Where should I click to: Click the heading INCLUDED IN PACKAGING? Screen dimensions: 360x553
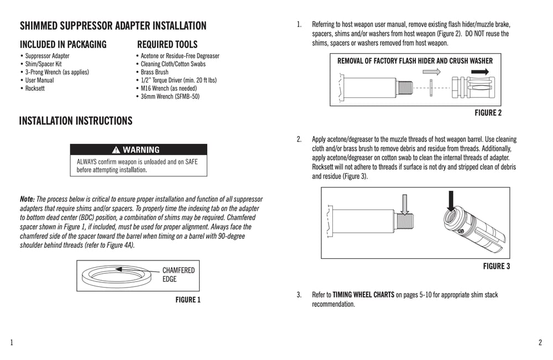pos(63,45)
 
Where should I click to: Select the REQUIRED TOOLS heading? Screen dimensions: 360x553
pos(167,45)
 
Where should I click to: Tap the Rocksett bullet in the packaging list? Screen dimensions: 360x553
pos(35,88)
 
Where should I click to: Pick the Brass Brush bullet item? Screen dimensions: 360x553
pos(154,72)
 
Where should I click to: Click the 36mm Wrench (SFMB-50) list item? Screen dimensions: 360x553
pos(170,96)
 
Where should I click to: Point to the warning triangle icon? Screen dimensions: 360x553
pos(116,150)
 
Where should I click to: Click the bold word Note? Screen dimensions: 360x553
pos(27,199)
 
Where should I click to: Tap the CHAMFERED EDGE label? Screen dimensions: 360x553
pos(178,275)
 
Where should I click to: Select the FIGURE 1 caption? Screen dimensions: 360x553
pos(187,300)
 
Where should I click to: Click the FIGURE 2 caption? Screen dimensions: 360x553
pos(488,113)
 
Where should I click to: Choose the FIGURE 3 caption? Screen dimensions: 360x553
pos(496,266)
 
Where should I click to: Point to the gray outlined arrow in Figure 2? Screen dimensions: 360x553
pos(435,71)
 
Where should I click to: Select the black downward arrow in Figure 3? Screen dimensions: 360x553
pos(451,200)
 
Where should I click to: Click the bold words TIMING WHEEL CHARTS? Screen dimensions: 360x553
pos(363,295)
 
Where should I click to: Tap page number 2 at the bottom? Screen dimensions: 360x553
pos(540,342)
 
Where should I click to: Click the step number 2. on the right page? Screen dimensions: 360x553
pos(299,139)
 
